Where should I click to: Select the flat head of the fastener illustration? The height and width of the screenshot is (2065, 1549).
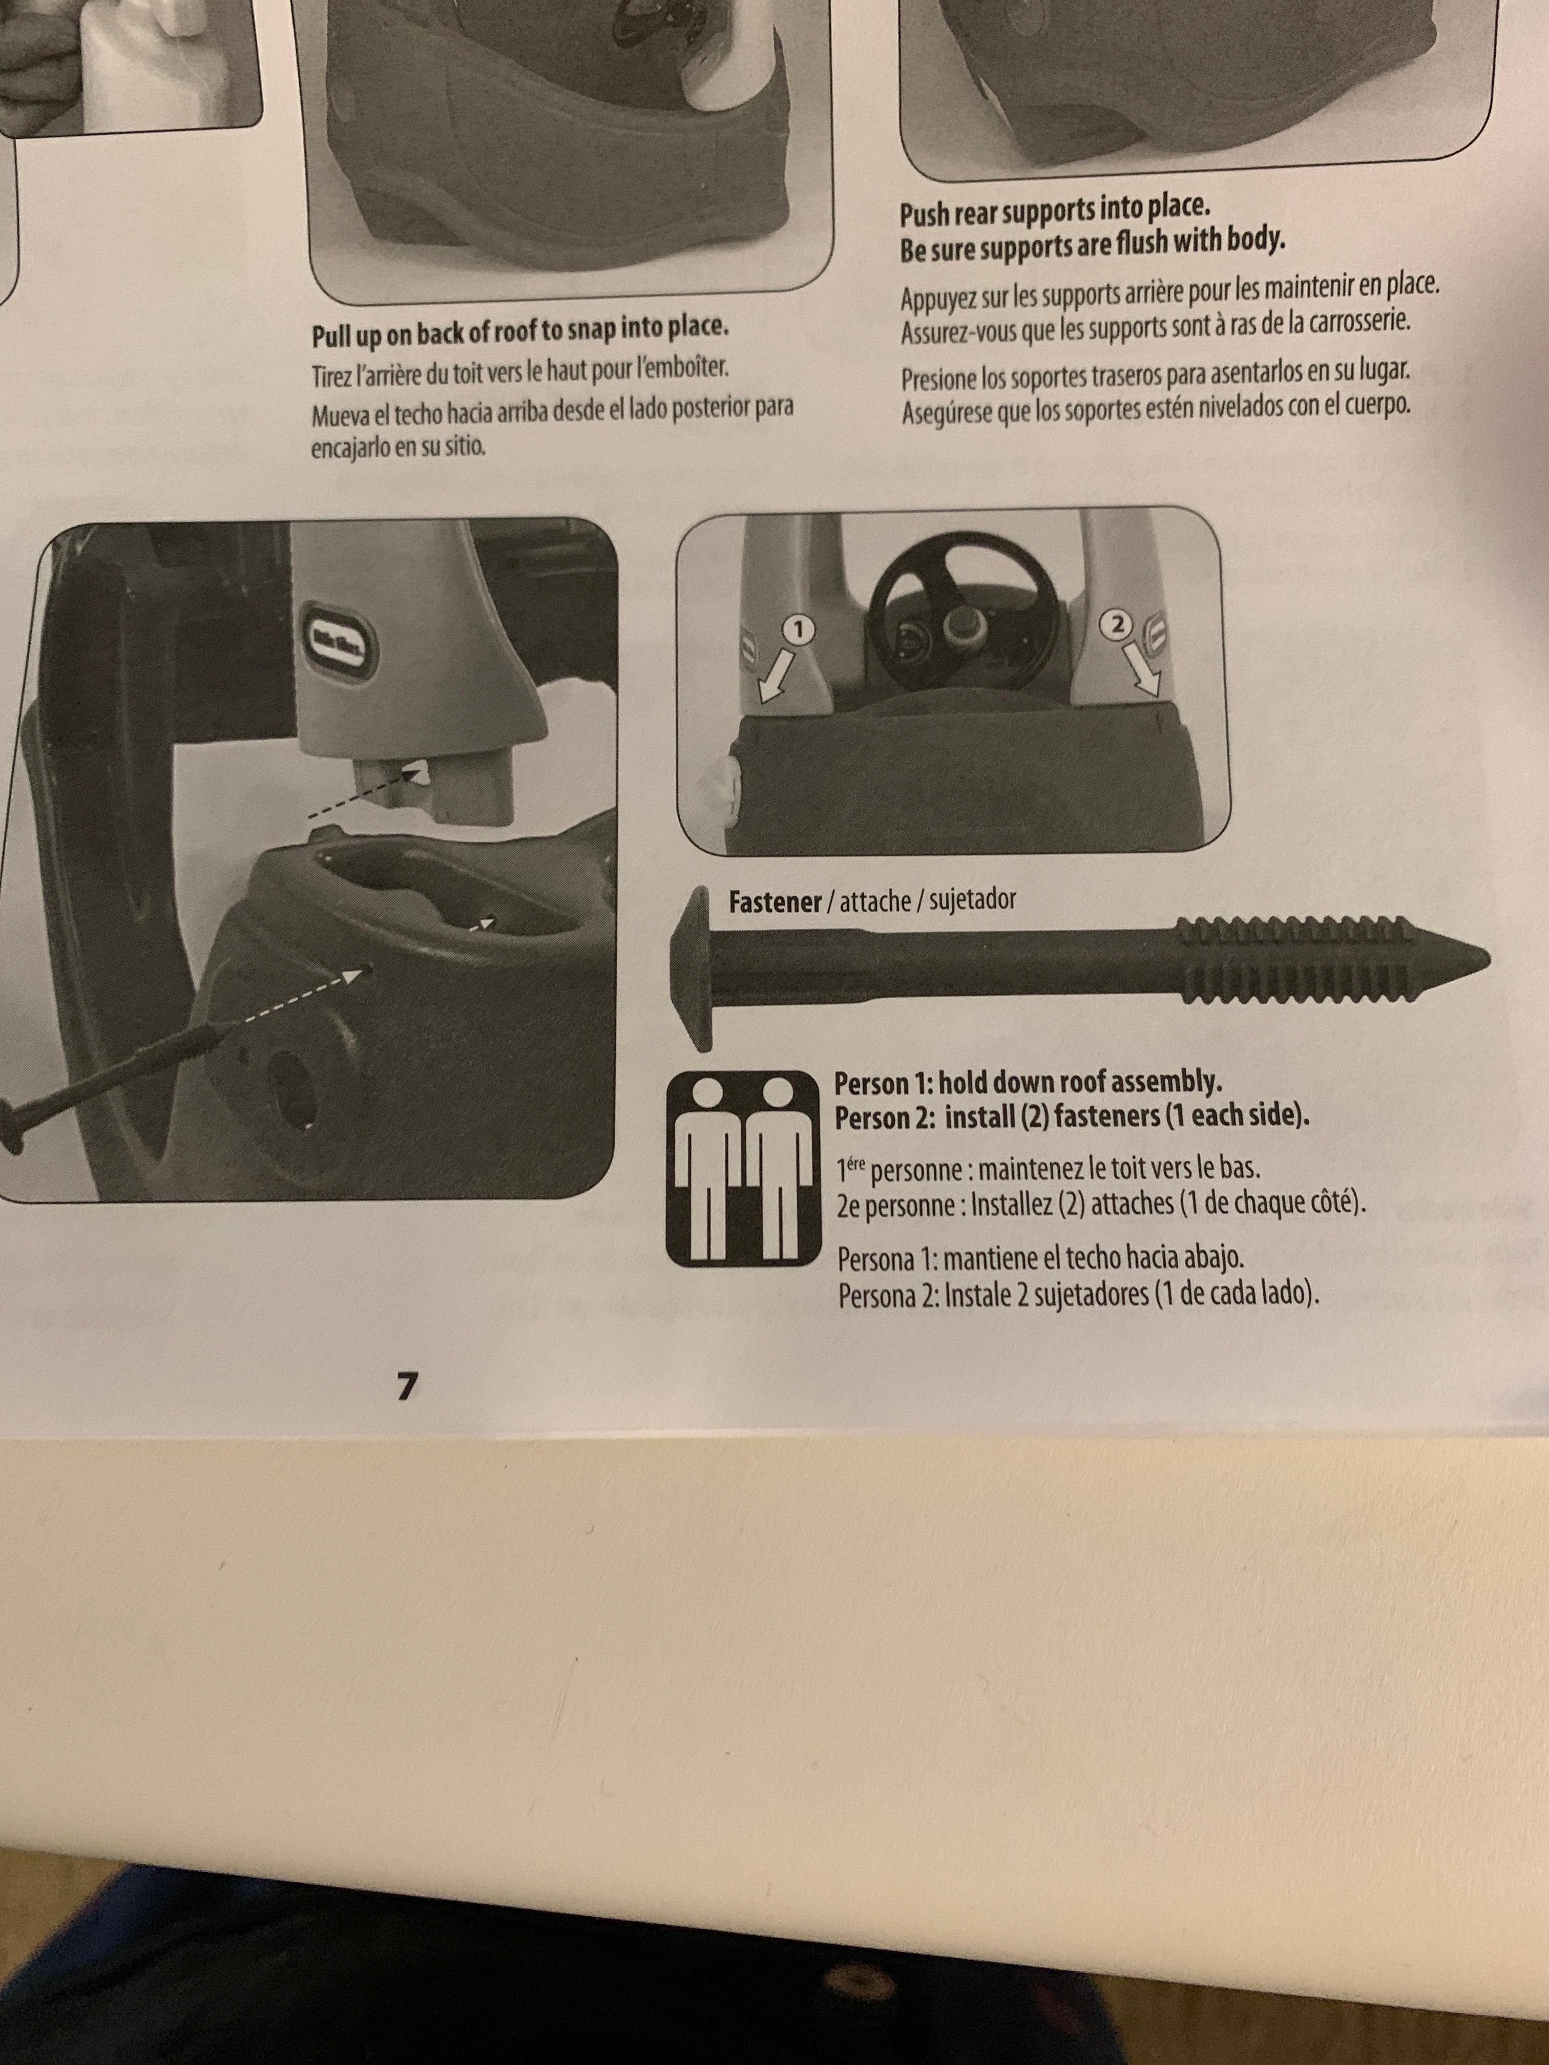[x=692, y=968]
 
